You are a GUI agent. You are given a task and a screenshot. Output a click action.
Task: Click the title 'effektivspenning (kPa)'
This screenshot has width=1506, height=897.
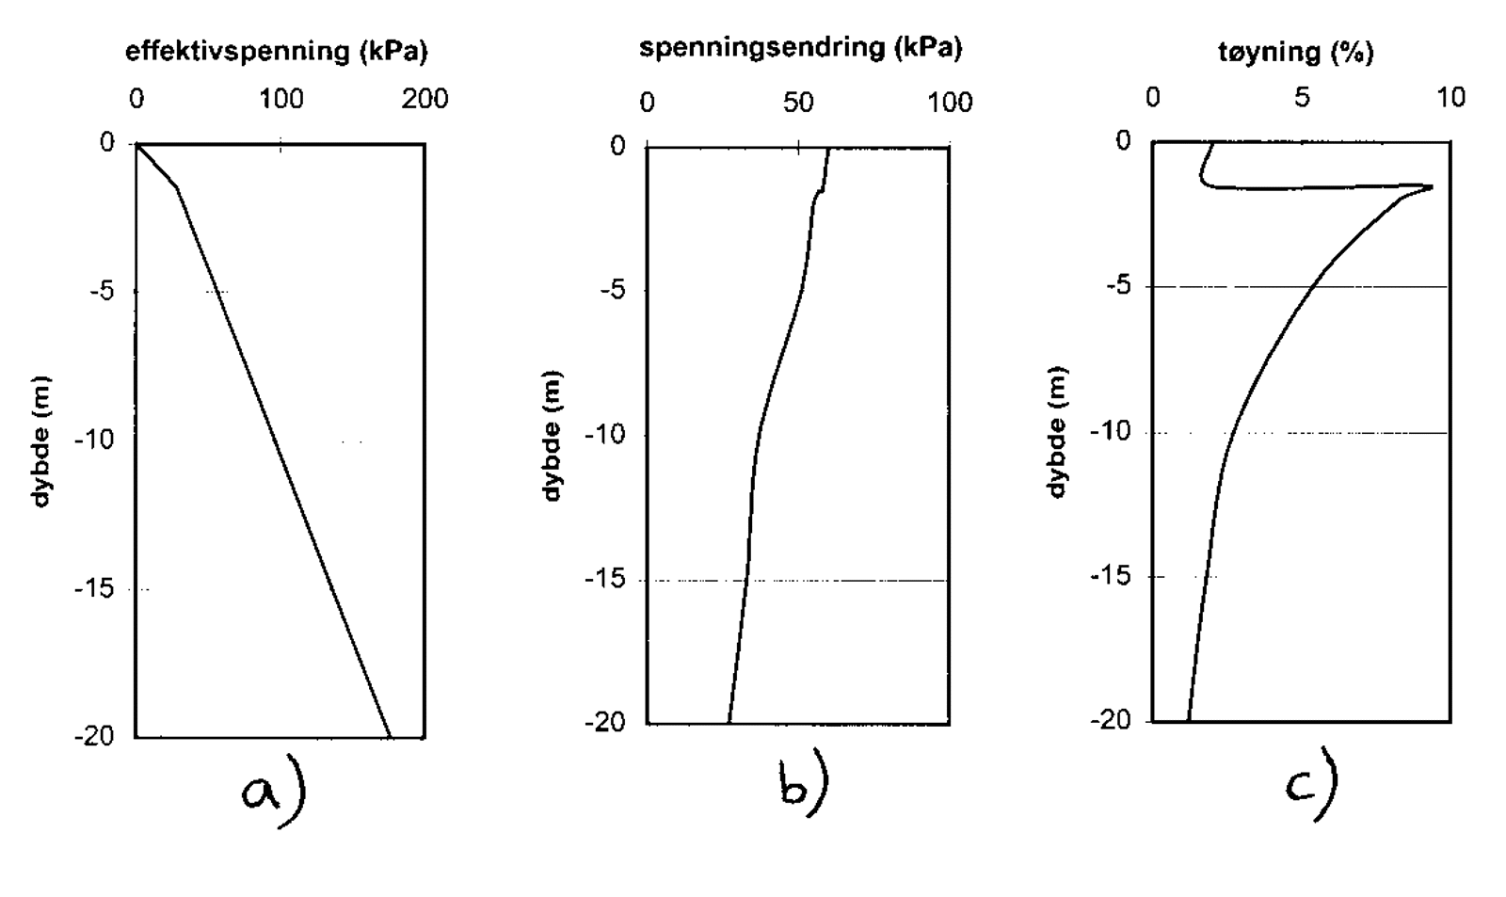pyautogui.click(x=276, y=52)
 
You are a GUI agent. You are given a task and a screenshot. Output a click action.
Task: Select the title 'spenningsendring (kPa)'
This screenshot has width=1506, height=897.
pyautogui.click(x=800, y=48)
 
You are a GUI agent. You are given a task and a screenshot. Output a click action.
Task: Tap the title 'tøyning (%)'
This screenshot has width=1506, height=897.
pyautogui.click(x=1295, y=52)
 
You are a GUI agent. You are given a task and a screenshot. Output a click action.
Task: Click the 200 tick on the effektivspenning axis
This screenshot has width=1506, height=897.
pyautogui.click(x=425, y=99)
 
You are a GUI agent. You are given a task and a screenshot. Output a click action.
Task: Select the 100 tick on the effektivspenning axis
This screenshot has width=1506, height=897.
pyautogui.click(x=281, y=99)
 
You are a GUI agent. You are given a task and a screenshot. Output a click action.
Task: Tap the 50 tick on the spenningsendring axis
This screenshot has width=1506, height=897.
pyautogui.click(x=798, y=102)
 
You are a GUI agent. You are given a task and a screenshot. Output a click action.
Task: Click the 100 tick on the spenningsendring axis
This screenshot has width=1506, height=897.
pyautogui.click(x=950, y=102)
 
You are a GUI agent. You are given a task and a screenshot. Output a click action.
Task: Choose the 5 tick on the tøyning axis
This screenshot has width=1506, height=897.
pyautogui.click(x=1302, y=98)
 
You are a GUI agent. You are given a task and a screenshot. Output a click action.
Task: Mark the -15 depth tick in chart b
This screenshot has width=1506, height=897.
pyautogui.click(x=604, y=579)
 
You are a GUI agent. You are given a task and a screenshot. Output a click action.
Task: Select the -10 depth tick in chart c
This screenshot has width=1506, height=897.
pyautogui.click(x=1110, y=432)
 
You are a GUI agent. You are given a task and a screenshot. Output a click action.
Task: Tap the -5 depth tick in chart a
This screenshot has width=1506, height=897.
pyautogui.click(x=100, y=291)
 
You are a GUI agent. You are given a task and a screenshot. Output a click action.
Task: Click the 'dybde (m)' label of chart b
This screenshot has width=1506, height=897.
pyautogui.click(x=553, y=435)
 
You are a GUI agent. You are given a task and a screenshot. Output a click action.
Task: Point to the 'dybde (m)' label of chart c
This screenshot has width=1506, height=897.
pyautogui.click(x=1058, y=431)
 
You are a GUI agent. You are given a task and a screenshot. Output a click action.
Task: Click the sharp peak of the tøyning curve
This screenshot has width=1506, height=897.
pyautogui.click(x=1431, y=186)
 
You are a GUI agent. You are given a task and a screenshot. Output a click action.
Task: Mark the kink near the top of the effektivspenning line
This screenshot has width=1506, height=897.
pyautogui.click(x=177, y=187)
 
